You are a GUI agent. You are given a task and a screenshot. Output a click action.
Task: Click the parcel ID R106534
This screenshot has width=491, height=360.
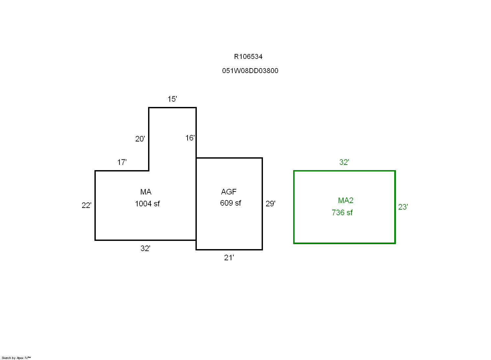(x=248, y=57)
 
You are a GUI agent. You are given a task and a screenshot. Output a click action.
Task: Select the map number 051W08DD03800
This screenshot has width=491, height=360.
(x=250, y=71)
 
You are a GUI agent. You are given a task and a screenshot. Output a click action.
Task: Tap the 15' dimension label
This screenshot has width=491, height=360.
(x=172, y=99)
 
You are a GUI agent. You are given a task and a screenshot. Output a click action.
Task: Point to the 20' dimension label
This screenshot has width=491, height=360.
(x=140, y=139)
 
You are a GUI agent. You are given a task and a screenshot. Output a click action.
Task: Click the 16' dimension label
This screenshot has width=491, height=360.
(x=190, y=138)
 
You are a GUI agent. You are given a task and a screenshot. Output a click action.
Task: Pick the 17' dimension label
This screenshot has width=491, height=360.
(x=122, y=162)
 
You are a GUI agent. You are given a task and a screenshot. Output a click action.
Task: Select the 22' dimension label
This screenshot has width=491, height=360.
(x=86, y=205)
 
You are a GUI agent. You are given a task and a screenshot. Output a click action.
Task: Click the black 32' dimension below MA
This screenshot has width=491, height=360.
(x=145, y=248)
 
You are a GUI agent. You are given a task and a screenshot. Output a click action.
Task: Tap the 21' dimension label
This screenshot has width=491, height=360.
(x=229, y=258)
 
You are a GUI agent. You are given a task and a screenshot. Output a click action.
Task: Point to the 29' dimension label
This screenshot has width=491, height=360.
(x=270, y=204)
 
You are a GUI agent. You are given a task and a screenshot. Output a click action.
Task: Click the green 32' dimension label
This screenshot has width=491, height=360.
(x=344, y=162)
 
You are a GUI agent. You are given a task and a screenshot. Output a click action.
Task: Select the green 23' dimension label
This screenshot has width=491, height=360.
(x=403, y=207)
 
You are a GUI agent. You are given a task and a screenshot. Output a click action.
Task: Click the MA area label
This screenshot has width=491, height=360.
(x=146, y=192)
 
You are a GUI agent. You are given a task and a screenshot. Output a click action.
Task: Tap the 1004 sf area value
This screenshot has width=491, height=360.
(x=147, y=204)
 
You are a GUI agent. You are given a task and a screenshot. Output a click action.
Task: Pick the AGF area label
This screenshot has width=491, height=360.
(x=229, y=192)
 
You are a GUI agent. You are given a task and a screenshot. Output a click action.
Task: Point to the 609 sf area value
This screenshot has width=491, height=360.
(x=230, y=203)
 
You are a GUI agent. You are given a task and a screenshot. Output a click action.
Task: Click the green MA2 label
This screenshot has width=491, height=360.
(x=346, y=200)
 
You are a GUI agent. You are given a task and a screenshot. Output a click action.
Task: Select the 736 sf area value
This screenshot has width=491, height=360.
(x=342, y=213)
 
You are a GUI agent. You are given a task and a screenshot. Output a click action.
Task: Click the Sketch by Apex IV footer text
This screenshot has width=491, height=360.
(x=16, y=358)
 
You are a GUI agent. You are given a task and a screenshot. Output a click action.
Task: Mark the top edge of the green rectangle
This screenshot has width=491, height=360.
(x=344, y=171)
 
